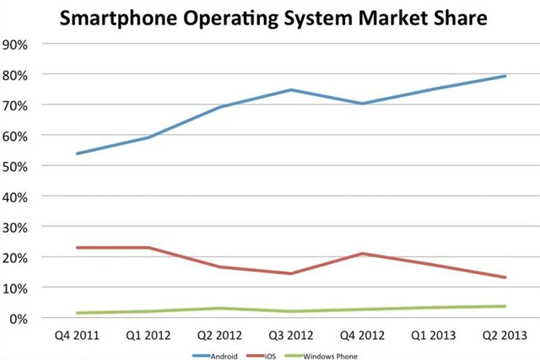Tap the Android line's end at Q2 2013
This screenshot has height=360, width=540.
(505, 76)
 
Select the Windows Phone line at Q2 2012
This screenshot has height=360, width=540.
(219, 309)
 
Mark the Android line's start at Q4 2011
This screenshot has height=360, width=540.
(77, 153)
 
